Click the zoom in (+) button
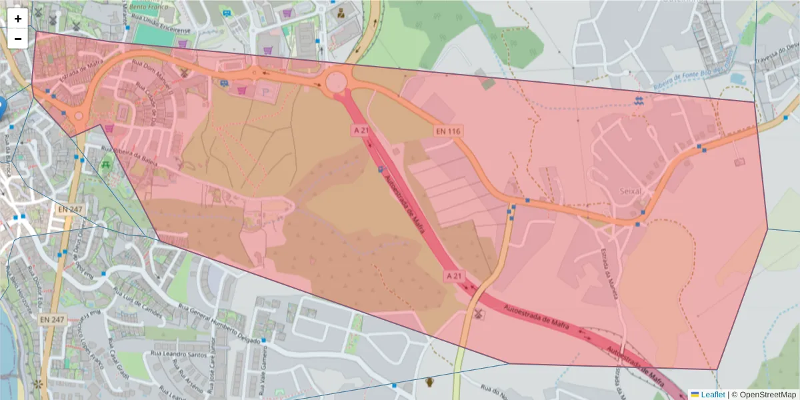point(18,19)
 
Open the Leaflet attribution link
point(713,395)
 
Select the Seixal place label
point(631,191)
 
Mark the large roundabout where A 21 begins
point(335,83)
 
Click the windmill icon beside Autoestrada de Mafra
point(477,313)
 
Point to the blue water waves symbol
point(640,101)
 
